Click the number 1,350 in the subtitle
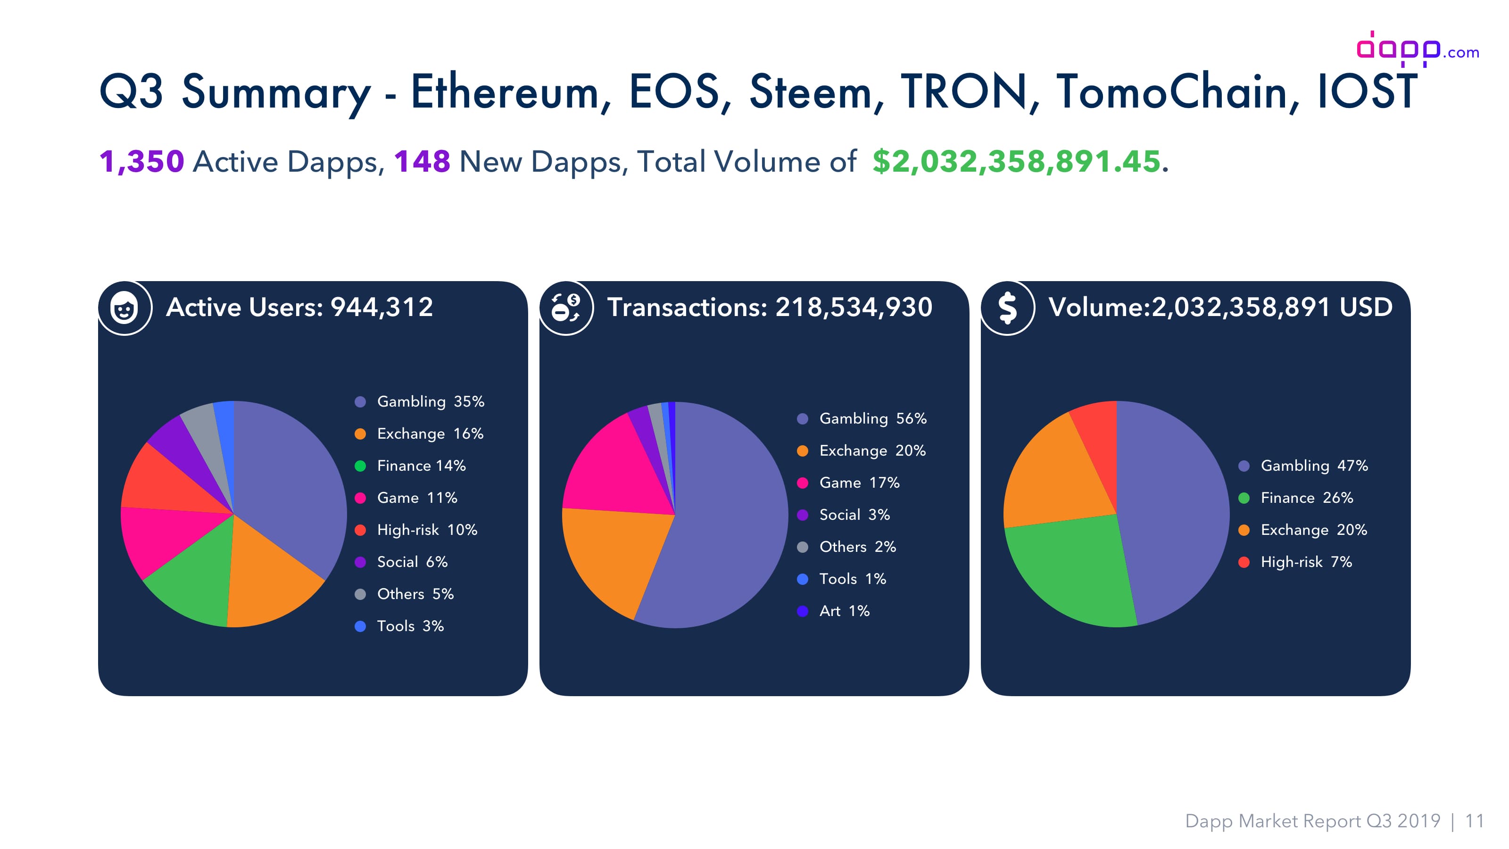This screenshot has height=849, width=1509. pos(142,161)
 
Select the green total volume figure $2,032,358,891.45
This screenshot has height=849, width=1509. pos(1016,161)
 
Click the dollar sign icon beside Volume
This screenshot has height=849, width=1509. pos(1008,308)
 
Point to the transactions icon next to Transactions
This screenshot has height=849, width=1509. pos(566,308)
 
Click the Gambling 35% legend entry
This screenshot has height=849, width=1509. pos(419,401)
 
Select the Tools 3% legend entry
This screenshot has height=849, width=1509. pos(399,626)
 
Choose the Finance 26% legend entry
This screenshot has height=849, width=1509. pos(1296,498)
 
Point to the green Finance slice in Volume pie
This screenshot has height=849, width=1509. pos(1072,571)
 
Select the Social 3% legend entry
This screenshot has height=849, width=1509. pos(844,515)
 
